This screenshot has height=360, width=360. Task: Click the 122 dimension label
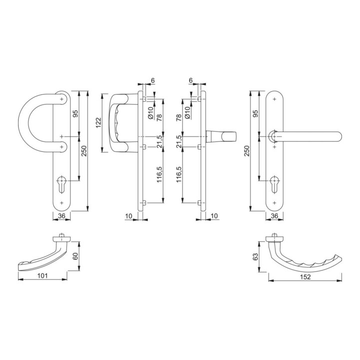[x=98, y=123]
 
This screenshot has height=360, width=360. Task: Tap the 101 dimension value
[x=42, y=275]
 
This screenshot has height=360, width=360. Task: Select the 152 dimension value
[x=305, y=277]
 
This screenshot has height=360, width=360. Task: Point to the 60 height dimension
[x=75, y=256]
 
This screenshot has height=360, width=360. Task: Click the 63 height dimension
[x=255, y=256]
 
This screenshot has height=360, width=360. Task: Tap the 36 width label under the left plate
[x=61, y=216]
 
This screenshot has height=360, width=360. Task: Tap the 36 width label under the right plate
[x=274, y=216]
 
